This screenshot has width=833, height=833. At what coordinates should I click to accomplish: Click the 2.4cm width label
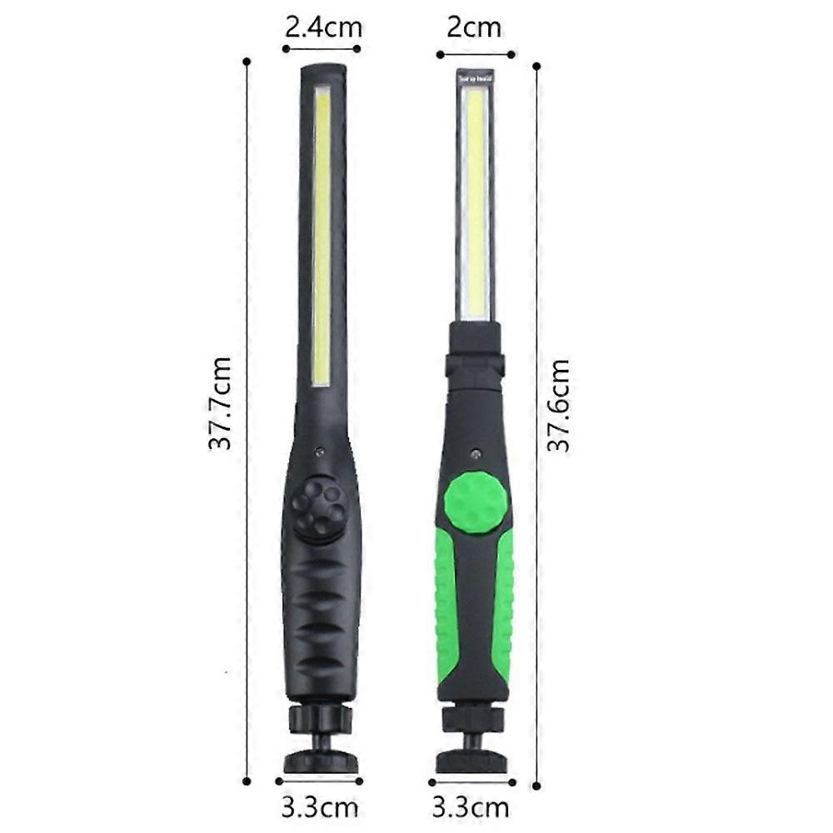tap(323, 27)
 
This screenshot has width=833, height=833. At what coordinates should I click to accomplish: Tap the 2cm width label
tap(475, 27)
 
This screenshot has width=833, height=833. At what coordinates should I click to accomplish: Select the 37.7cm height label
tap(220, 403)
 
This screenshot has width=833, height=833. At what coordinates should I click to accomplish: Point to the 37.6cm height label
tap(558, 406)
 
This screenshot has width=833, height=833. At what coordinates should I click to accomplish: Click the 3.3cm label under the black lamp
tap(320, 807)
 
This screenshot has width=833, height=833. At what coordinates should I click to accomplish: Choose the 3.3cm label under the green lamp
tap(471, 807)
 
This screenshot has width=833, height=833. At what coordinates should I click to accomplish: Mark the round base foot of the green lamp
tap(471, 760)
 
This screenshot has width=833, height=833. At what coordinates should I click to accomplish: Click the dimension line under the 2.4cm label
tap(322, 49)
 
